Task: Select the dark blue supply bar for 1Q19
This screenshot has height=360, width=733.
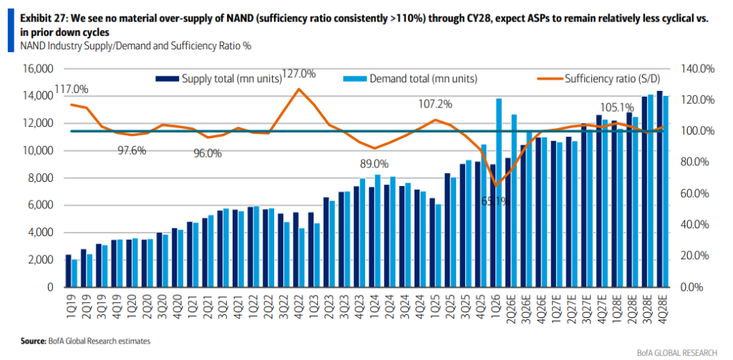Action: point(68,271)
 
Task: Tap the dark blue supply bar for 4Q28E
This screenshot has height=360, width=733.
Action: point(659,189)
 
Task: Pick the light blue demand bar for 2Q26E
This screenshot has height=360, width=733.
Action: point(514,200)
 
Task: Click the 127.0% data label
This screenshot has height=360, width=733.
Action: point(299,74)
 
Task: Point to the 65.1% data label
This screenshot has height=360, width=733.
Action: point(496,202)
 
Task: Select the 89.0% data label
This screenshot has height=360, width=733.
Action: point(374,164)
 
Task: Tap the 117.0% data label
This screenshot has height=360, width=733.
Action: point(72,89)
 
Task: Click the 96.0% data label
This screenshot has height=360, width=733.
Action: point(208,153)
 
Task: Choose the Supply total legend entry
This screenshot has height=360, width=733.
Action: point(219,79)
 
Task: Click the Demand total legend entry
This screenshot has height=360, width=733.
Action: point(410,79)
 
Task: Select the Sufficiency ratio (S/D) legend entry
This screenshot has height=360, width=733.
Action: point(599,79)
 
